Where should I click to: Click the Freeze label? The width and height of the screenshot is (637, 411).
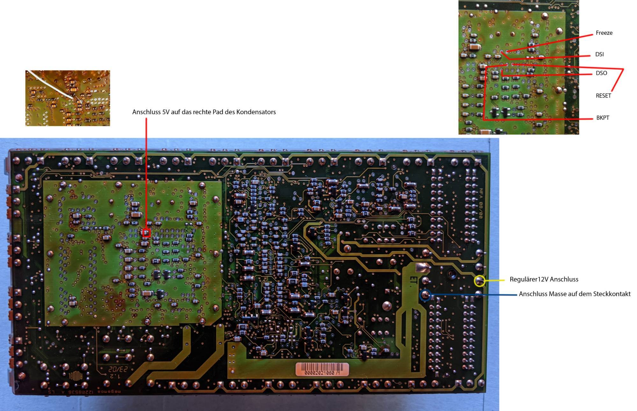[604, 33]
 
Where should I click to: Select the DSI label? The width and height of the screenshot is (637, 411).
[599, 54]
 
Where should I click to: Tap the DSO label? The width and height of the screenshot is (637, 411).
[601, 73]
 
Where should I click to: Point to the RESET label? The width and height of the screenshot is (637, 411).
[603, 96]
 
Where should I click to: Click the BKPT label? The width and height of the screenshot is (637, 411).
[603, 118]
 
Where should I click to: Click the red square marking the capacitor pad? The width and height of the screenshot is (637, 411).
[147, 232]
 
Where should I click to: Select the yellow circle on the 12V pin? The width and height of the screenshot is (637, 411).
[479, 281]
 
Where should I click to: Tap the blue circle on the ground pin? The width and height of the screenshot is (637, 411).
[426, 295]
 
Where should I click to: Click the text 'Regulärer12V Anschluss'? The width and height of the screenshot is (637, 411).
[544, 279]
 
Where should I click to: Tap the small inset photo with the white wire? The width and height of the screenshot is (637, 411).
[68, 98]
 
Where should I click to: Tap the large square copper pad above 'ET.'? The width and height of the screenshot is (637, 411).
[423, 268]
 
